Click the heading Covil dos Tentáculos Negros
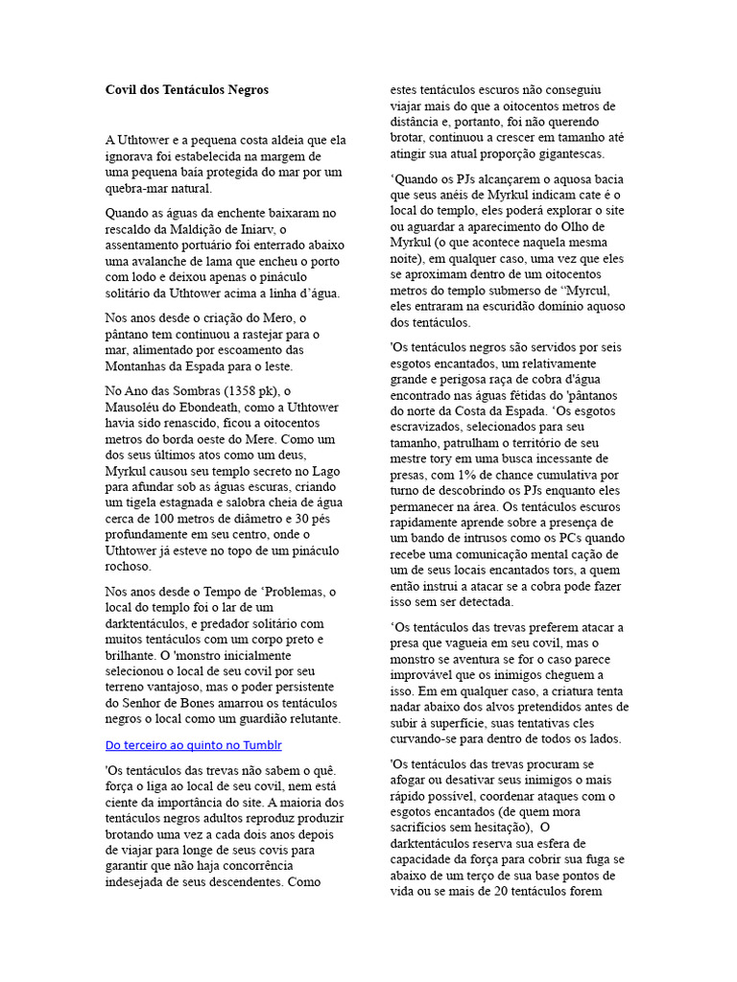coord(187,90)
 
